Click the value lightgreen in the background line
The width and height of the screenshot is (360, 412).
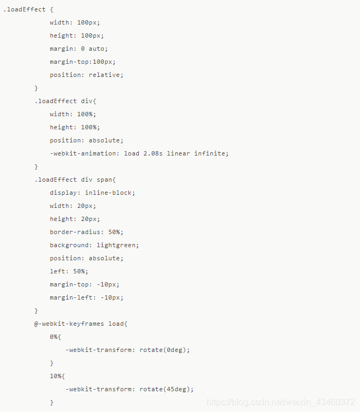coord(118,245)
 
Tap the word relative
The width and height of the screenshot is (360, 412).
coord(106,75)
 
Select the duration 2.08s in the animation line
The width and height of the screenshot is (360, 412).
coord(153,153)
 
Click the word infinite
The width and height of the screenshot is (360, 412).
coord(211,153)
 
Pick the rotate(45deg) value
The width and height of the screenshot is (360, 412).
coord(167,389)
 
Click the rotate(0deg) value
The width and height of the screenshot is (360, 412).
coord(164,350)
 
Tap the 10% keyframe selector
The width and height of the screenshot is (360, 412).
coord(55,376)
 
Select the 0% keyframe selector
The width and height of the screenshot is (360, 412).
coord(54,337)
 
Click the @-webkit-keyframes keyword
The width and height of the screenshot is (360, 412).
coord(69,324)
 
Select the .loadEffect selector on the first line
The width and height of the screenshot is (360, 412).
coord(24,9)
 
